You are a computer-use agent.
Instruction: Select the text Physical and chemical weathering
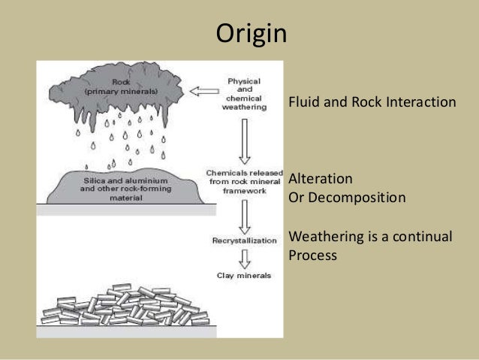(243, 92)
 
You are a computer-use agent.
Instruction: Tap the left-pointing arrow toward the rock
(201, 92)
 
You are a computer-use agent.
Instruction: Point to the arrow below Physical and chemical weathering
(243, 141)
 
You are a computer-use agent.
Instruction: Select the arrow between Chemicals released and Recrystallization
(243, 216)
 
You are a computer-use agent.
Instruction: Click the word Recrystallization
(244, 241)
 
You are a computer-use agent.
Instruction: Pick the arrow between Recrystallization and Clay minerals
(244, 259)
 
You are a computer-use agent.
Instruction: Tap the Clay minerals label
(246, 276)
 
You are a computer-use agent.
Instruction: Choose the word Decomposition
(356, 198)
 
